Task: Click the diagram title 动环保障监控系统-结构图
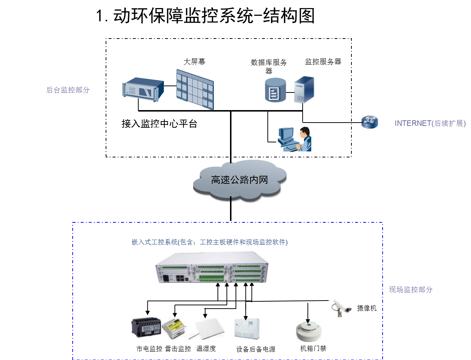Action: point(205,16)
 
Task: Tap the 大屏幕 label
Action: point(194,62)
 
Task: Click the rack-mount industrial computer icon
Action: point(143,89)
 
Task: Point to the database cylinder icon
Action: point(275,90)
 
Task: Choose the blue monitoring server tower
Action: point(304,89)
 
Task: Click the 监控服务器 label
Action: point(323,62)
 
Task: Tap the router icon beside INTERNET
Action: point(369,122)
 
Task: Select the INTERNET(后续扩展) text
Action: point(430,123)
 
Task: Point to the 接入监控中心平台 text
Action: point(160,124)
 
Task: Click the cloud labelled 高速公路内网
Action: point(239,180)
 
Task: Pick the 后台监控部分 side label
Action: point(68,90)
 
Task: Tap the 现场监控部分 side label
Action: point(411,290)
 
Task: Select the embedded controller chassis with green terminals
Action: point(212,267)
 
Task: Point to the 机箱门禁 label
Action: point(313,348)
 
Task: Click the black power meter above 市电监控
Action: point(146,327)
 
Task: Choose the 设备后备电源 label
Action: point(256,349)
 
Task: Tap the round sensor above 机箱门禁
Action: point(308,331)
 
